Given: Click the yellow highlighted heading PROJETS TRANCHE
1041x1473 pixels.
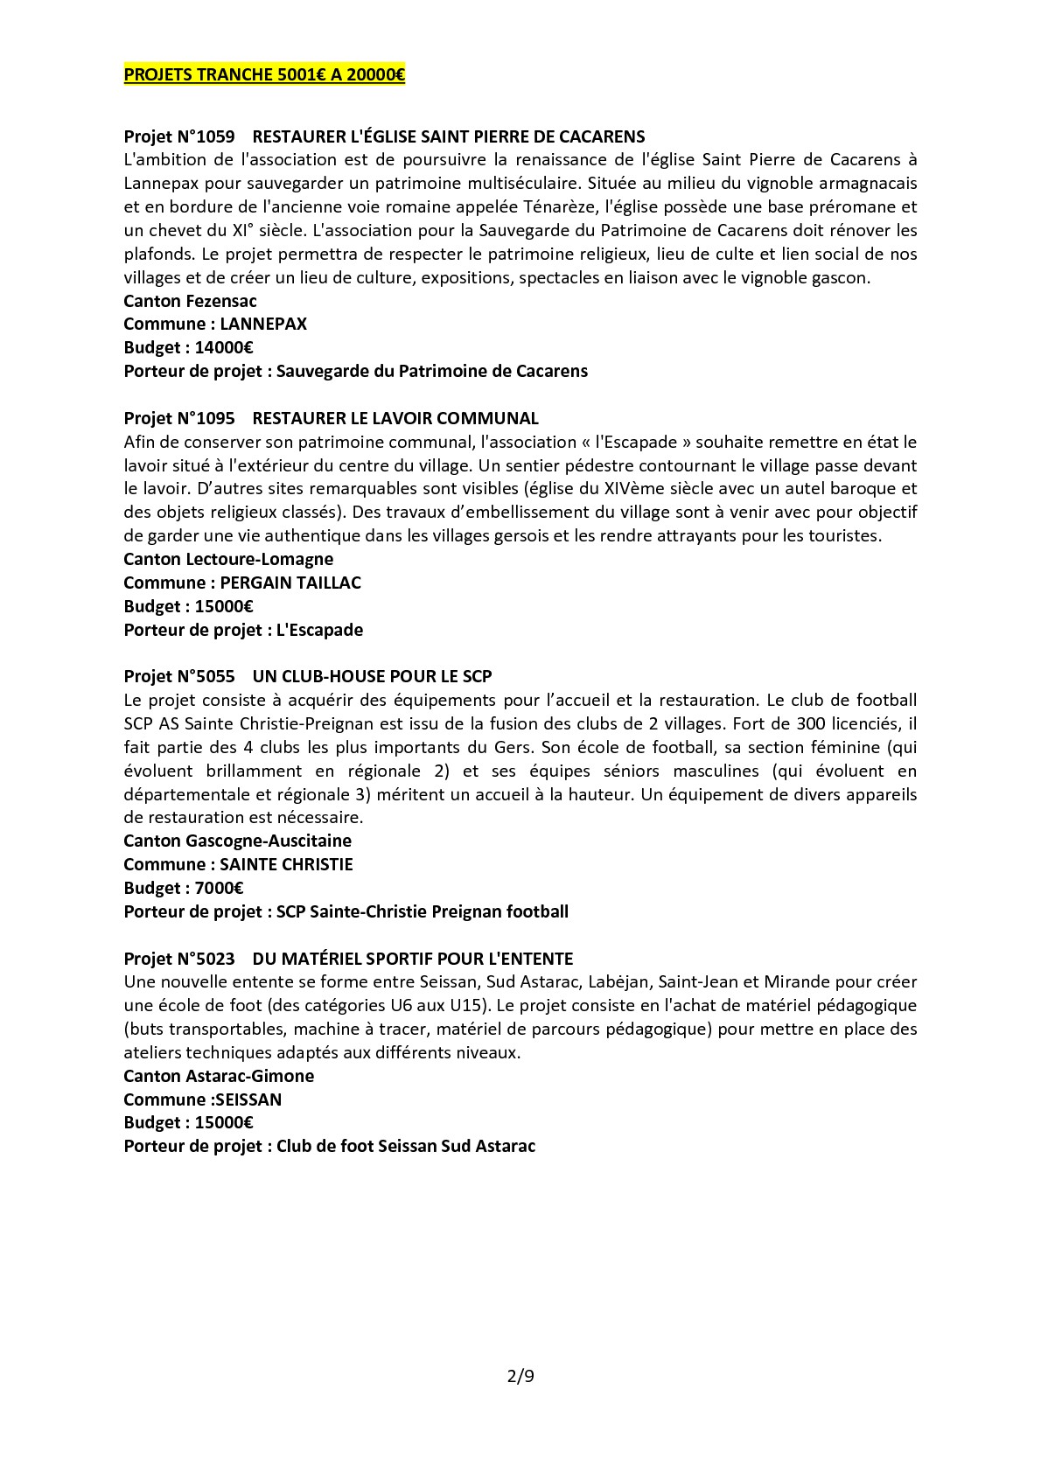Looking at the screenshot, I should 264,75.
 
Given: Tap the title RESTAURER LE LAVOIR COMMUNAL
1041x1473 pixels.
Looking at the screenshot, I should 395,418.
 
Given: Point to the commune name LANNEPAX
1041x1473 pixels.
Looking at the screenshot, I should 263,324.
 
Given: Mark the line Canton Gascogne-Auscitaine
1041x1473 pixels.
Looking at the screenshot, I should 237,841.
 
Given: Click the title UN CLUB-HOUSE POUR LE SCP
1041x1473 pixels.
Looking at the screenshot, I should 372,676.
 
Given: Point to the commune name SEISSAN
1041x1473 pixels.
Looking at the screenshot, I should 254,1100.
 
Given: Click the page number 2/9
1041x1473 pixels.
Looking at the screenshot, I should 520,1376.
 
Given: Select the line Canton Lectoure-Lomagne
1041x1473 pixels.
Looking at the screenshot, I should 228,559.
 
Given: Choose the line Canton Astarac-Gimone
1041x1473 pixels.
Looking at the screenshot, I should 219,1076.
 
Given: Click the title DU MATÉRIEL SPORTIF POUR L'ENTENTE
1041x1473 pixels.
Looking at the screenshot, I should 413,959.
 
